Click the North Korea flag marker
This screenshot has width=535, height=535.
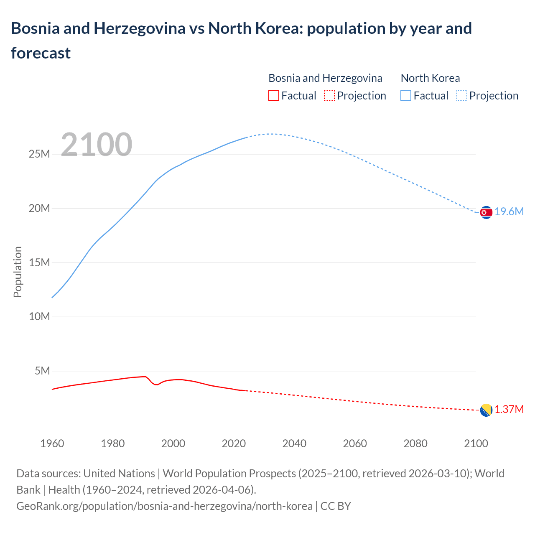(486, 212)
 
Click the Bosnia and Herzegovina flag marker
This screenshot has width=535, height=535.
(486, 410)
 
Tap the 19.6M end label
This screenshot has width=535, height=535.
(509, 211)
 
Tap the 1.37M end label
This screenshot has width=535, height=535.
(509, 409)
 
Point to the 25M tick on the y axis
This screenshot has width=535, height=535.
(39, 154)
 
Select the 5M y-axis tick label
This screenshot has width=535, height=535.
(42, 371)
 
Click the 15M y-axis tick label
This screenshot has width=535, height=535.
(39, 262)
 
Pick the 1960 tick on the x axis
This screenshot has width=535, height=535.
(52, 443)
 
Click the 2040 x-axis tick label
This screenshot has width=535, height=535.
(294, 443)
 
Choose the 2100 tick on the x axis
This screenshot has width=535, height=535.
(476, 443)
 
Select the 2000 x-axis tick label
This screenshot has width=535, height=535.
(173, 443)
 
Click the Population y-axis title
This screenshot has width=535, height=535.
(18, 272)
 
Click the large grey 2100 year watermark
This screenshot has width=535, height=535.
(97, 145)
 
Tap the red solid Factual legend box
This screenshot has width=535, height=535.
(273, 96)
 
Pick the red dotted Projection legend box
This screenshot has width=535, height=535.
(329, 96)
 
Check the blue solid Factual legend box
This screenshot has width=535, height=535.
(406, 96)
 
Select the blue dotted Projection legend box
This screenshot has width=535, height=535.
(461, 96)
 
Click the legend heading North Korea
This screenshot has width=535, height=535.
(430, 78)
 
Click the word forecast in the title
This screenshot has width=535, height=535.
(41, 53)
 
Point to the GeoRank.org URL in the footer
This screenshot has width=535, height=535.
(164, 506)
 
